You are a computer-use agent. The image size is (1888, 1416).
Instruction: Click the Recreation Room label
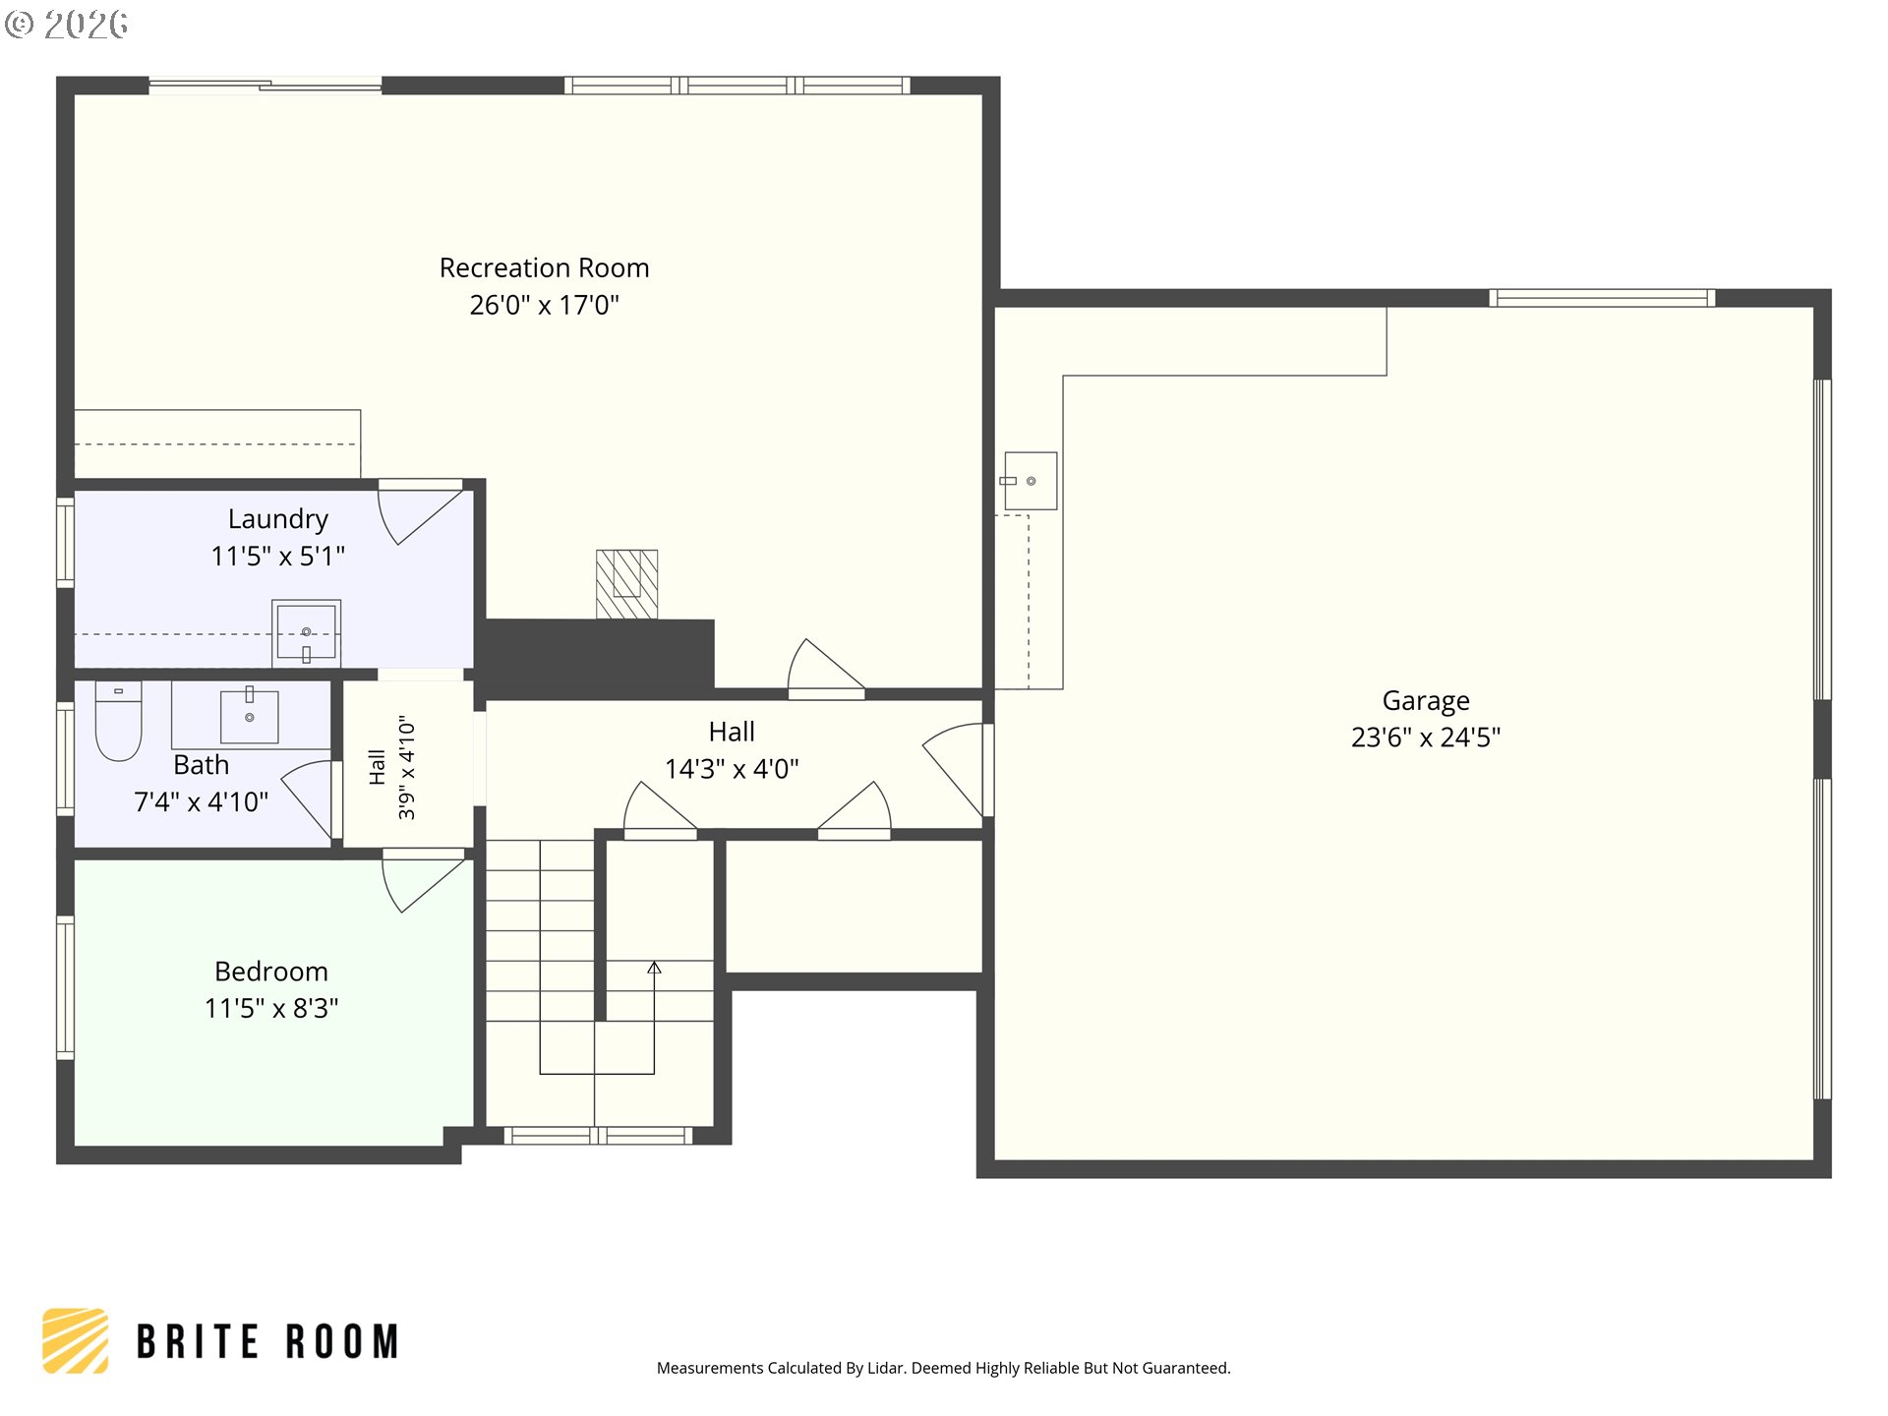(544, 267)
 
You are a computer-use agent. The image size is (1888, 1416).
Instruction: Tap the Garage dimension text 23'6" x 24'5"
(1426, 737)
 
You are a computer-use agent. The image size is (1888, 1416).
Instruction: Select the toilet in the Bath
(118, 721)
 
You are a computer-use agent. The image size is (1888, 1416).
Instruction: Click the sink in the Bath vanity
(250, 715)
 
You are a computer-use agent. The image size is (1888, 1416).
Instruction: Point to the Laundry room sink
(307, 632)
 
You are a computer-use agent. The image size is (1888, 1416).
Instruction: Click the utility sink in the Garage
(1030, 481)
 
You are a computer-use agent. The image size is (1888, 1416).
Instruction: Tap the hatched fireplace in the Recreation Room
(626, 584)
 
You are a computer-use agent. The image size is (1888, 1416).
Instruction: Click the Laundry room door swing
(421, 512)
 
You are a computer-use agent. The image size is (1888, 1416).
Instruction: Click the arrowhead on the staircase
(654, 969)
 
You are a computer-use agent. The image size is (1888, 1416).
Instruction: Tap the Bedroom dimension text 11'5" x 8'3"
(271, 1008)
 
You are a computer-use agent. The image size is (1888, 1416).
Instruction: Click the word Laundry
(278, 519)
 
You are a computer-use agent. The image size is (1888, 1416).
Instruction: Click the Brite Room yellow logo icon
(76, 1340)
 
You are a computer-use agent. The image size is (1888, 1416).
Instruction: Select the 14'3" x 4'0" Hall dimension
(732, 769)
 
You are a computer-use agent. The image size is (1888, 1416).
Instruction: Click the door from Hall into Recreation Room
(826, 668)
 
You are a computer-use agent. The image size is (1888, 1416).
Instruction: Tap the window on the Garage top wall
(1603, 298)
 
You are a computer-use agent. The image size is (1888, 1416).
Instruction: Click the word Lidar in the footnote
(885, 1368)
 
